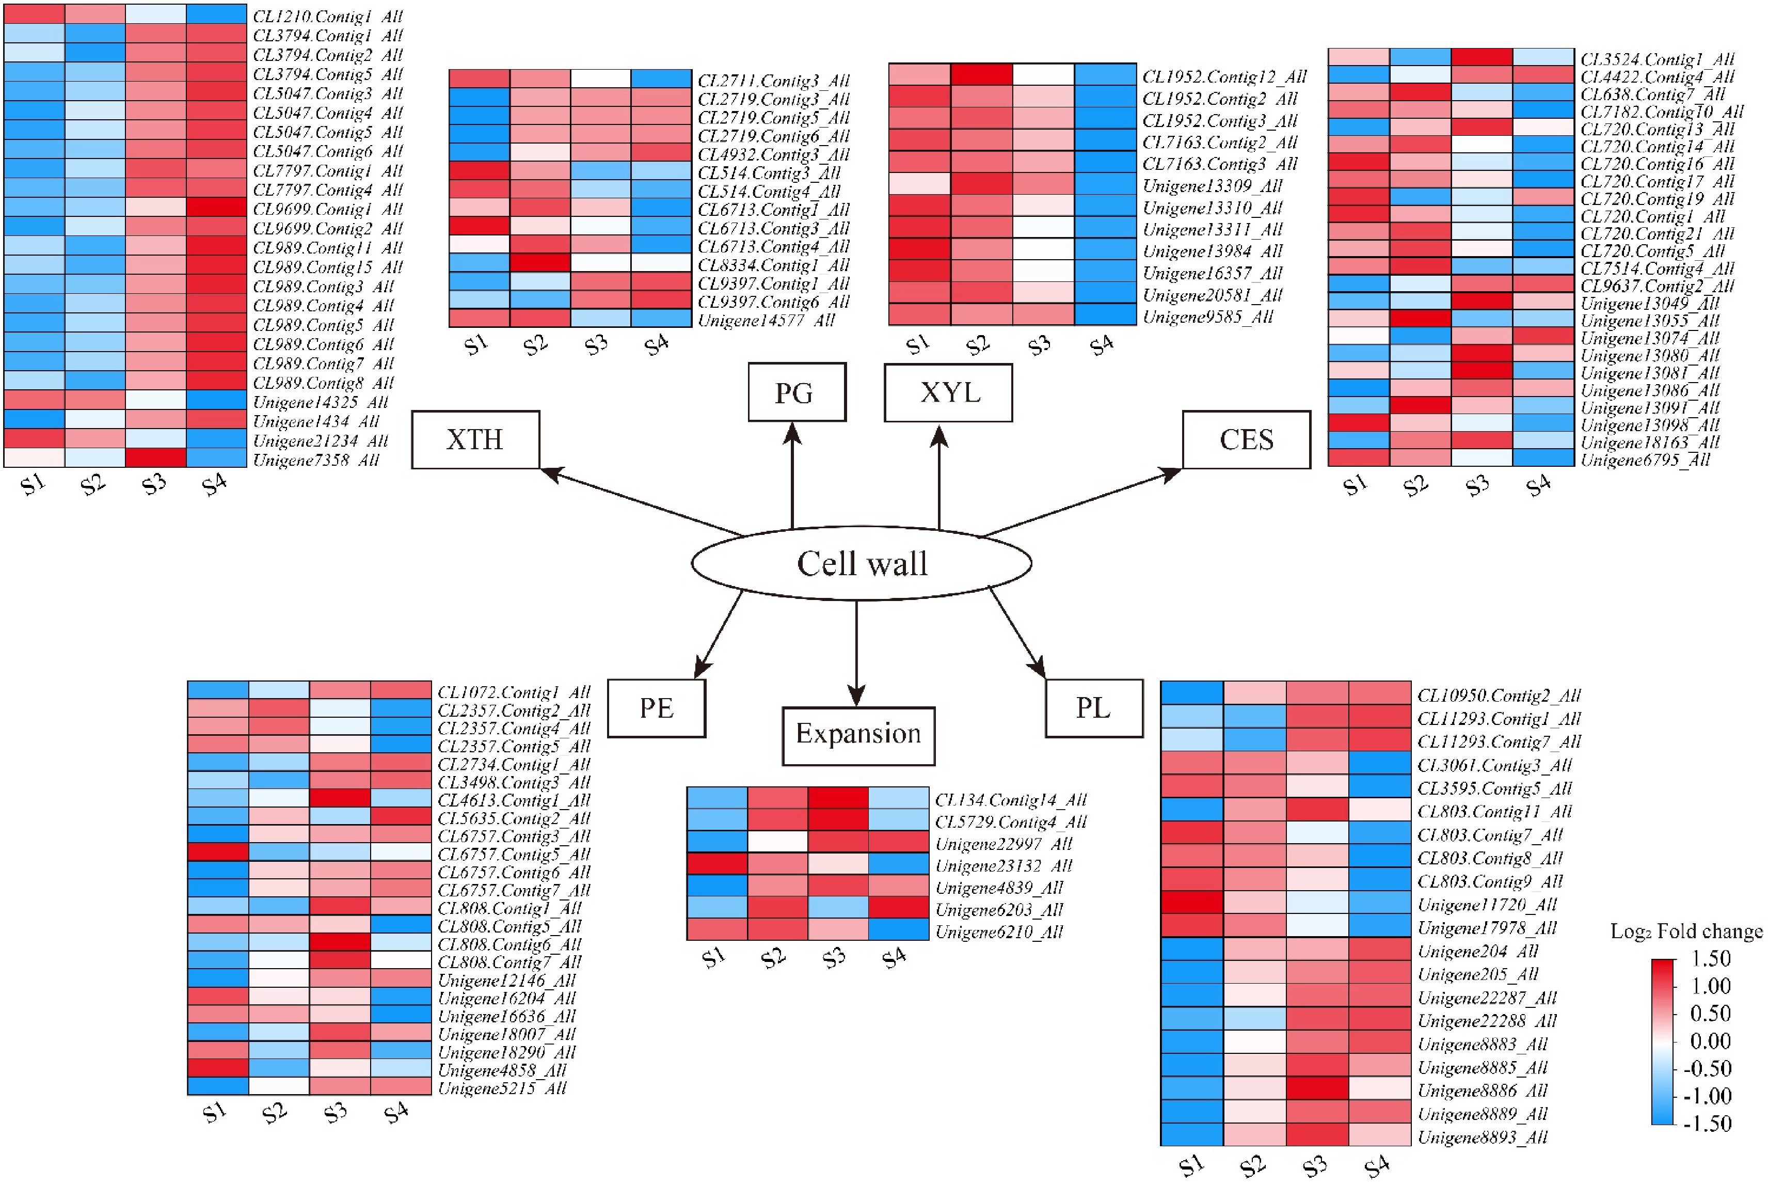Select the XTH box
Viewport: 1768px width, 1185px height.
pos(475,440)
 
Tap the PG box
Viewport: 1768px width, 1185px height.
pos(797,393)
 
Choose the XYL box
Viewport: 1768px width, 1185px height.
pos(948,393)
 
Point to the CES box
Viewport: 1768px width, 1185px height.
pos(1246,440)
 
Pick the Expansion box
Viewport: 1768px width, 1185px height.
pos(858,735)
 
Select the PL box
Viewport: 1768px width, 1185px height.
pos(1093,708)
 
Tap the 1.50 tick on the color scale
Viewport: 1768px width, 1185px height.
pos(1709,959)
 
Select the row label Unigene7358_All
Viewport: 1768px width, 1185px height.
pos(316,460)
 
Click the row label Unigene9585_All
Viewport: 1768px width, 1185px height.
pos(1207,317)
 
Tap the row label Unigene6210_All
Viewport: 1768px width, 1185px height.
pos(998,932)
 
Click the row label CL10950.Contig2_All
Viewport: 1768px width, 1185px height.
pos(1498,696)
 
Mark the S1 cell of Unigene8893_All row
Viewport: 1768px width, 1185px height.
pos(1191,1135)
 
